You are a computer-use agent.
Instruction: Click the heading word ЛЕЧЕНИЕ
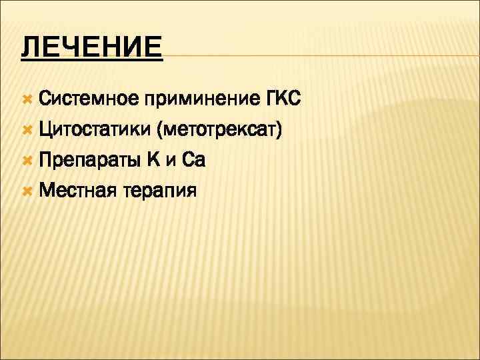[x=91, y=48]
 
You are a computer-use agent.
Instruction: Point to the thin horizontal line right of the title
[x=320, y=55]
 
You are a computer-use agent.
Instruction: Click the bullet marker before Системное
[x=27, y=99]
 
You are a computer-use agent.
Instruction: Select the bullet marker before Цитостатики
[x=27, y=130]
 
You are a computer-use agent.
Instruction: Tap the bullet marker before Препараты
[x=27, y=161]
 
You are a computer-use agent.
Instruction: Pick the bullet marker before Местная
[x=27, y=191]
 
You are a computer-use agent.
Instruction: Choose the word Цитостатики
[x=93, y=130]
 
